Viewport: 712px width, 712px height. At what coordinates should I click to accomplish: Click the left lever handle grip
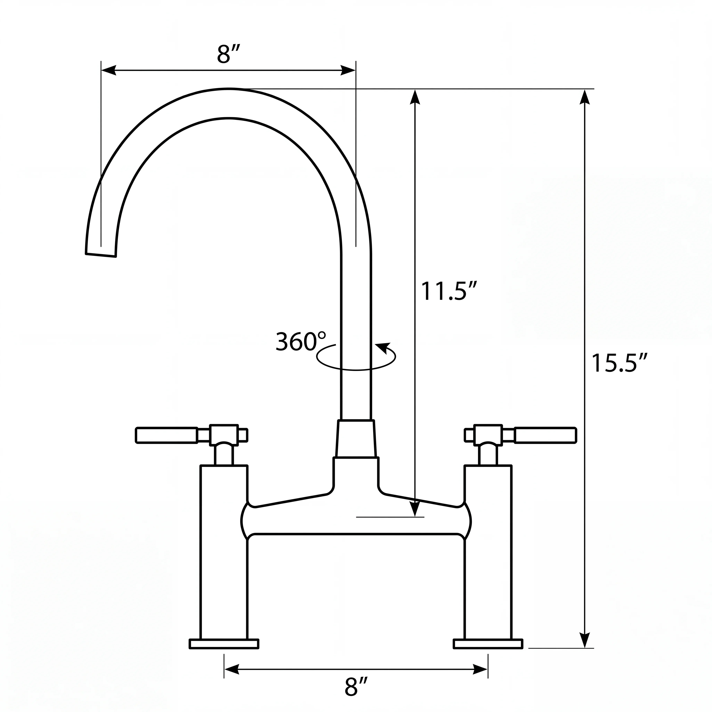(x=167, y=435)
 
